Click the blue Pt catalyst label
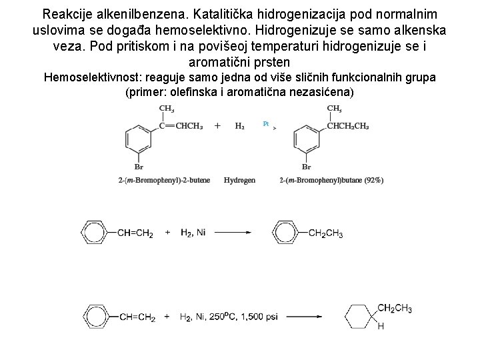(x=266, y=124)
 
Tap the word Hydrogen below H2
(x=239, y=180)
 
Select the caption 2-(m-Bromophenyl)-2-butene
(x=164, y=180)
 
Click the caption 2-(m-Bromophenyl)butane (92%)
(x=331, y=180)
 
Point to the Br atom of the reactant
(x=139, y=167)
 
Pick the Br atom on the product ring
(x=307, y=167)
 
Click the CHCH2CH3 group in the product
(x=348, y=126)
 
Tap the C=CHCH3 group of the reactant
(x=181, y=126)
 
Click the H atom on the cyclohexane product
(x=381, y=326)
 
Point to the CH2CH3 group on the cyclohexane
(x=395, y=308)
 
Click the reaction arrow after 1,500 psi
(x=304, y=317)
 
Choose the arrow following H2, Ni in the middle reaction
(x=233, y=233)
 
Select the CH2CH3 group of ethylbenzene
(x=326, y=233)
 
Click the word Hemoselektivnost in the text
(x=93, y=77)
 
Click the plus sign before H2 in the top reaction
(x=217, y=125)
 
